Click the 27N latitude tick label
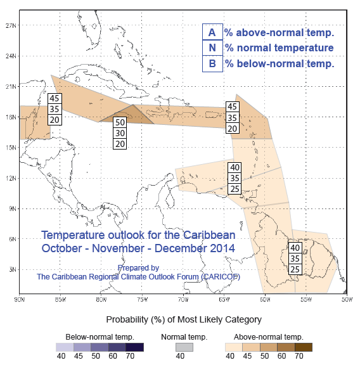pyautogui.click(x=11, y=25)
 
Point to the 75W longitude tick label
pyautogui.click(x=142, y=299)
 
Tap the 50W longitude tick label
pyautogui.click(x=347, y=299)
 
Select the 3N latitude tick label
pyautogui.click(x=13, y=269)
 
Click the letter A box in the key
pyautogui.click(x=212, y=32)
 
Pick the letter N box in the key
pyautogui.click(x=212, y=48)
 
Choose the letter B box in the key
pyautogui.click(x=212, y=63)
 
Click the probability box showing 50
pyautogui.click(x=120, y=122)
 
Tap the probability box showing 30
pyautogui.click(x=120, y=133)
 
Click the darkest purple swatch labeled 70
pyautogui.click(x=135, y=347)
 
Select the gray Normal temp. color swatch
pyautogui.click(x=184, y=347)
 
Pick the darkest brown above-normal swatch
pyautogui.click(x=304, y=347)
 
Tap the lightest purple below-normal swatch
pyautogui.click(x=65, y=347)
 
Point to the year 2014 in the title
pyautogui.click(x=222, y=248)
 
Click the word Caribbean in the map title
pyautogui.click(x=209, y=235)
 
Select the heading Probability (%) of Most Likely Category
pyautogui.click(x=184, y=319)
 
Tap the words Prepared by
pyautogui.click(x=138, y=268)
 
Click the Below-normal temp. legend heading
pyautogui.click(x=100, y=337)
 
